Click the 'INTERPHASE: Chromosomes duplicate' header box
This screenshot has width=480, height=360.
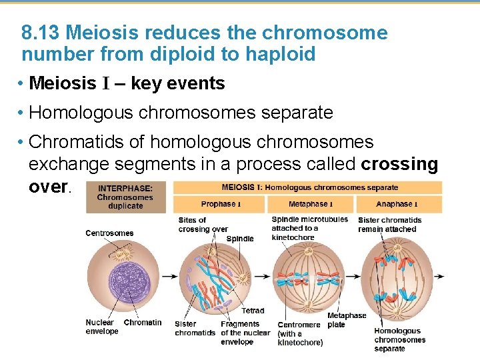[125, 197]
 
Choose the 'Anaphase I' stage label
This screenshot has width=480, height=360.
[398, 204]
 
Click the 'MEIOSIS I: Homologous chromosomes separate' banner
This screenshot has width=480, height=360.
[309, 187]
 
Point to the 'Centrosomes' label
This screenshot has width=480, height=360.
[109, 233]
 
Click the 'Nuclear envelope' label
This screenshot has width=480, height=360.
[101, 327]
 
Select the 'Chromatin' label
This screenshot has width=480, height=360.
[143, 323]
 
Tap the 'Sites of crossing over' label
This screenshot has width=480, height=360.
[203, 225]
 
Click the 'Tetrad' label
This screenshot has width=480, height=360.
[253, 311]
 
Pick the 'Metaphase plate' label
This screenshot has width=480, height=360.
[347, 320]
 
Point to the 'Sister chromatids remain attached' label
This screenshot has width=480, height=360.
[389, 225]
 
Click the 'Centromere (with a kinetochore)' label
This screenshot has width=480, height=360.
[300, 333]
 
